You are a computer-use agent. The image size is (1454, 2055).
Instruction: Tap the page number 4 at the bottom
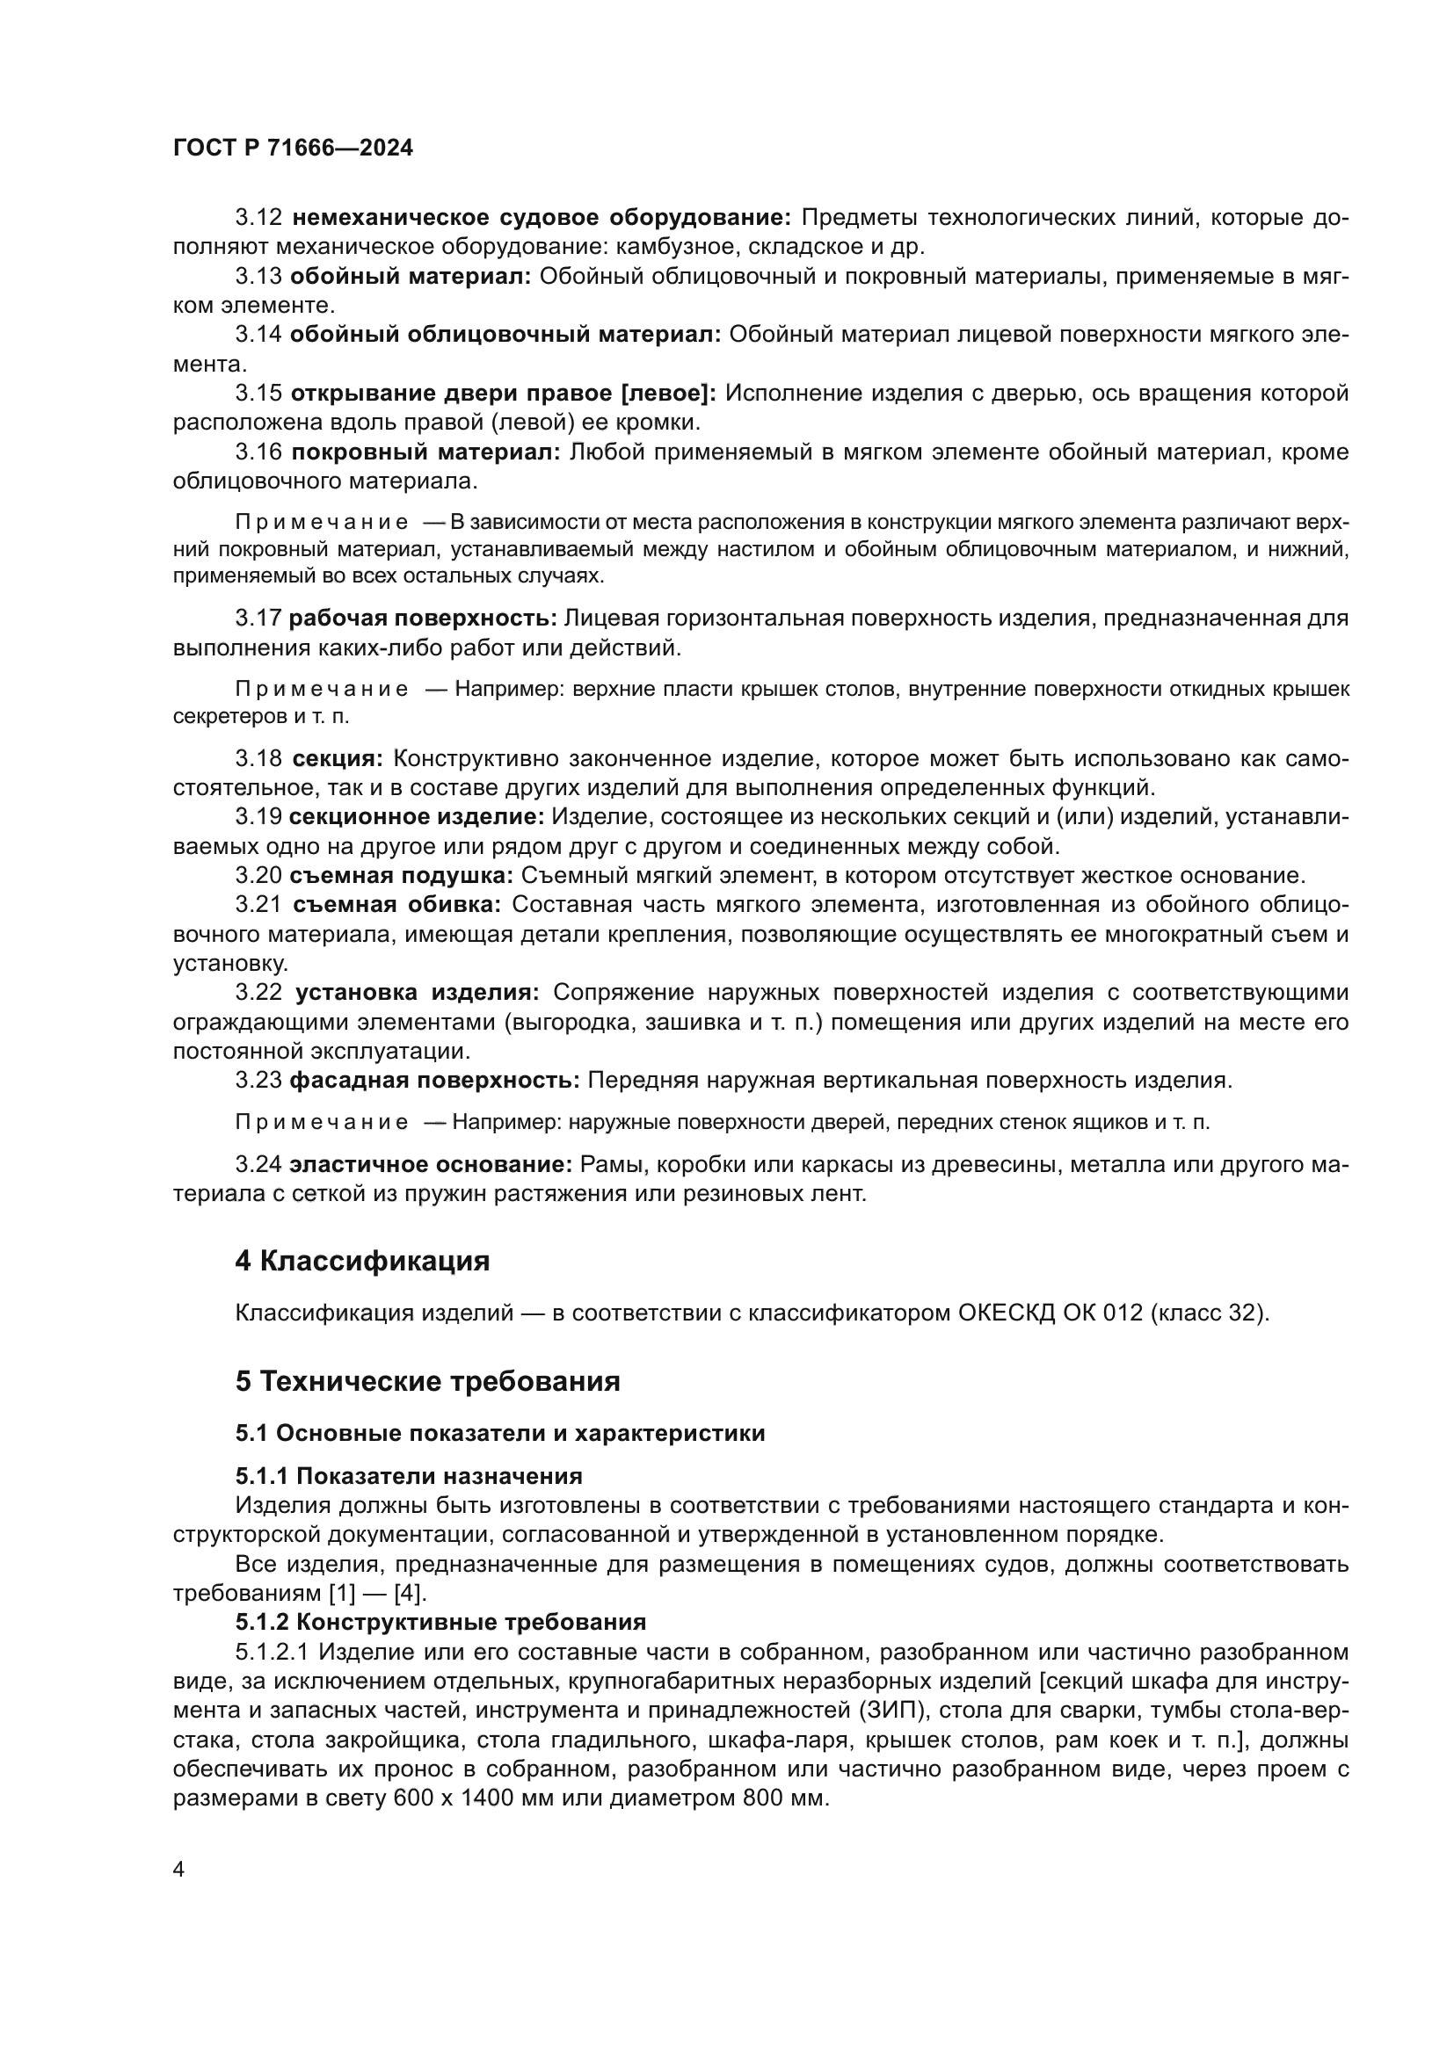pos(179,1870)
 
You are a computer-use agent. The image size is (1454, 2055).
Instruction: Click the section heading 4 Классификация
pos(362,1261)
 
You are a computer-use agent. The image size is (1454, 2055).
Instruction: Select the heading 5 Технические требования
pos(428,1381)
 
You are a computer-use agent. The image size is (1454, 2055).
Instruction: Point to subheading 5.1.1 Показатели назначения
pos(409,1476)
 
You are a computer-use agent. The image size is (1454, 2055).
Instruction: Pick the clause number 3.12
pos(258,218)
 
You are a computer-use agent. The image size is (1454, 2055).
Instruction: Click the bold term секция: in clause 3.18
pos(337,759)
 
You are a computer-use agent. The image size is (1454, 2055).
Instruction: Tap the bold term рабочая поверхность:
pos(424,619)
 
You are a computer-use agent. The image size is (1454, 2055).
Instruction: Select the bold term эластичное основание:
pos(431,1165)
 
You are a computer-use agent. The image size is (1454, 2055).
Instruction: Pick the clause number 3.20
pos(258,875)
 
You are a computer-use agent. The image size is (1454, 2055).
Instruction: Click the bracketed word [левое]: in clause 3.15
pos(669,393)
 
